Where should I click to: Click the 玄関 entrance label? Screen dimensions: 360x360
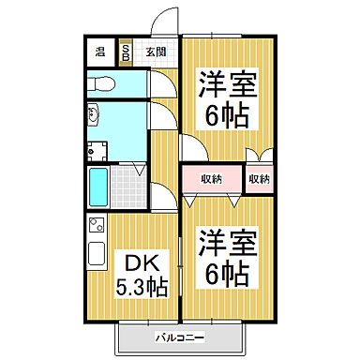coord(156,52)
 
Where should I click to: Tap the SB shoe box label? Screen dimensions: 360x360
coord(127,52)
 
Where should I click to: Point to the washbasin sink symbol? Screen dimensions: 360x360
coord(94,116)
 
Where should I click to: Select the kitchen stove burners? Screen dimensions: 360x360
coord(95,224)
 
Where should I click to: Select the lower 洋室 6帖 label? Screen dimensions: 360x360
coord(225,257)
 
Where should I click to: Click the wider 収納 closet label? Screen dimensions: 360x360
coord(212,178)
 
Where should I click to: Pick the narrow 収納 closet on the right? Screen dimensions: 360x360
coord(260,178)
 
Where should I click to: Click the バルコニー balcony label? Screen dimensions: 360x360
coord(178,336)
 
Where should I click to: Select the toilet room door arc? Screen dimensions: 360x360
coord(159,84)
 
